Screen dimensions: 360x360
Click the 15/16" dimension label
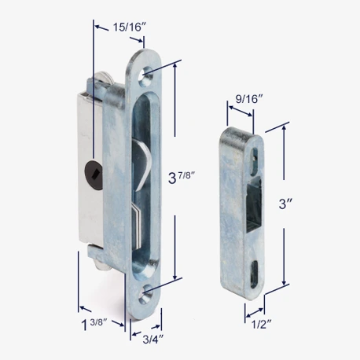tap(129, 27)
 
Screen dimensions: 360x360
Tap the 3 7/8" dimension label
tap(182, 176)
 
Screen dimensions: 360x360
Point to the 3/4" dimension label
tap(153, 340)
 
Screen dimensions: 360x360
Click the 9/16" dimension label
tap(249, 99)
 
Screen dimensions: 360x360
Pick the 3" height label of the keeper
tap(285, 204)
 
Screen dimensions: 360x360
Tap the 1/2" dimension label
tap(261, 325)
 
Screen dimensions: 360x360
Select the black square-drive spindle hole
tap(94, 174)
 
